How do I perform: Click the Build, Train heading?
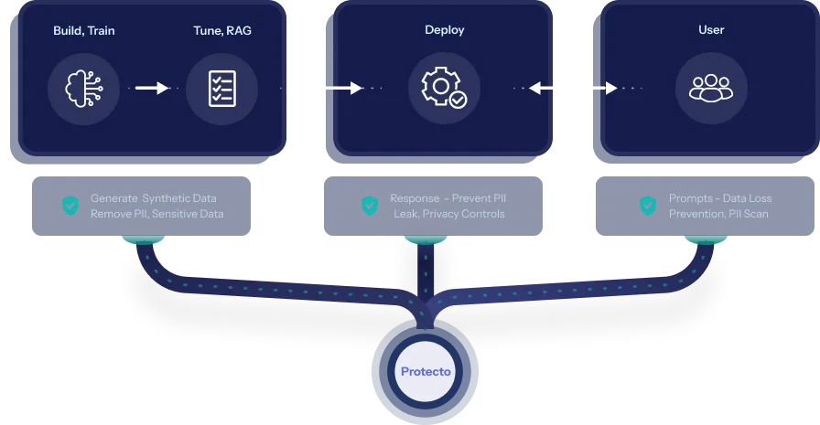pyautogui.click(x=83, y=29)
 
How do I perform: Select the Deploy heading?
pyautogui.click(x=444, y=29)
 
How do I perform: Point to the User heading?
pyautogui.click(x=711, y=29)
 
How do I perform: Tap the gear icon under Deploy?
pyautogui.click(x=443, y=88)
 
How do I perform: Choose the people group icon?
pyautogui.click(x=711, y=88)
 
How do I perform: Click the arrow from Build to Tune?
pyautogui.click(x=152, y=88)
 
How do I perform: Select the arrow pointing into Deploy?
pyautogui.click(x=330, y=88)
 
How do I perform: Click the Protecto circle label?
pyautogui.click(x=426, y=372)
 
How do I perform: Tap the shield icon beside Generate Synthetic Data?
pyautogui.click(x=70, y=206)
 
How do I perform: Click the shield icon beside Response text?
pyautogui.click(x=370, y=206)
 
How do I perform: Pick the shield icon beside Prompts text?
pyautogui.click(x=648, y=206)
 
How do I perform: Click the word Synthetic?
pyautogui.click(x=167, y=198)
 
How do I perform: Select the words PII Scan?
pyautogui.click(x=747, y=214)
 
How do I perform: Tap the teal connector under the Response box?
pyautogui.click(x=424, y=239)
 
